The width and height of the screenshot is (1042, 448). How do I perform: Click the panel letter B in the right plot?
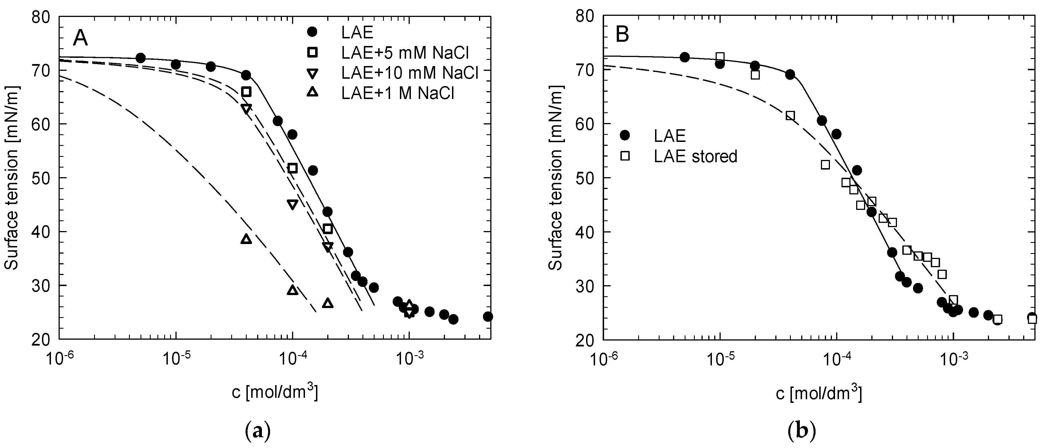click(622, 35)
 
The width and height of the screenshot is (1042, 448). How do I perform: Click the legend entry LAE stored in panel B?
click(695, 156)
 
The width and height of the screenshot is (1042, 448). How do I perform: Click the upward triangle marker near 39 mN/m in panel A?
click(246, 240)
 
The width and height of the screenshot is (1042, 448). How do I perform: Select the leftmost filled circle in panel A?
click(140, 58)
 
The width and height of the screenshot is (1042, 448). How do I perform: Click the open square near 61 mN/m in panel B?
click(790, 116)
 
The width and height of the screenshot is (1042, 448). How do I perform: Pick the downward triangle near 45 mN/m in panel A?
click(292, 205)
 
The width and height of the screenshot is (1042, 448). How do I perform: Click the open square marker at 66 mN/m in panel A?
click(246, 92)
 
